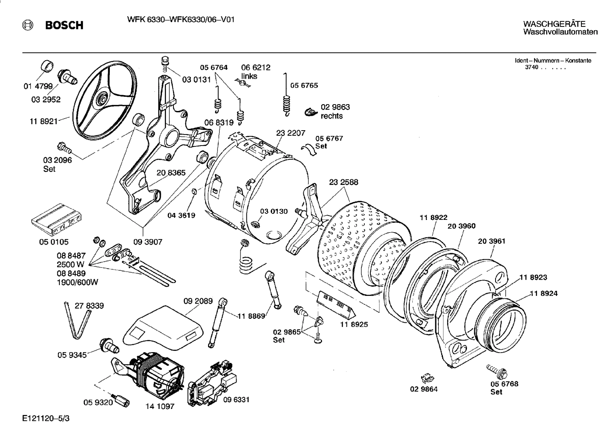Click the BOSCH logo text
tap(64, 26)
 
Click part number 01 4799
tap(38, 86)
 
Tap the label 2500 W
tap(71, 264)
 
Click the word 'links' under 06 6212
tap(249, 76)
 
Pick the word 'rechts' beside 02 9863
tap(332, 116)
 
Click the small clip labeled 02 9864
tap(426, 378)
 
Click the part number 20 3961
tap(491, 241)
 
